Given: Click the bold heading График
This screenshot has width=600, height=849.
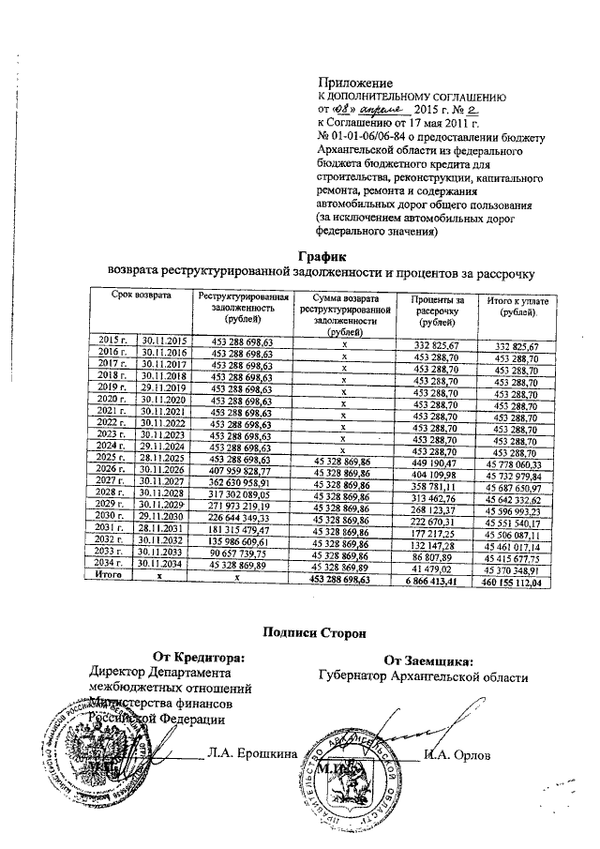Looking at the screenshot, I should coord(322,255).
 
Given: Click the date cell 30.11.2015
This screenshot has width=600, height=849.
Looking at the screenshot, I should coord(164,341).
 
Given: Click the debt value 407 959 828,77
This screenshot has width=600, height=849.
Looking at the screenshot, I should coord(241,470).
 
